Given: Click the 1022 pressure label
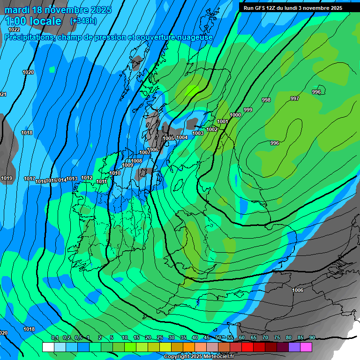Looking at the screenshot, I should click(14, 30).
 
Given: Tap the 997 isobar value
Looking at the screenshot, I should click(295, 98).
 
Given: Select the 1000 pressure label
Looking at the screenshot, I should click(235, 115).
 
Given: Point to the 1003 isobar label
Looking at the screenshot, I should click(198, 134).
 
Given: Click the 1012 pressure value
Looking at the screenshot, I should click(87, 178).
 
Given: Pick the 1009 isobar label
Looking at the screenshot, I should click(127, 165).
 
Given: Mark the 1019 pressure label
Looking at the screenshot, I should click(7, 179).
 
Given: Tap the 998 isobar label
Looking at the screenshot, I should click(266, 100).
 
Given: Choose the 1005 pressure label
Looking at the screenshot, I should click(168, 138).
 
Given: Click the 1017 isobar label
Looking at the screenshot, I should click(30, 179).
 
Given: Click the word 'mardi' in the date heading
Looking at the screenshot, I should click(17, 10).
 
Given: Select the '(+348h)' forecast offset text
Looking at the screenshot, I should click(84, 21).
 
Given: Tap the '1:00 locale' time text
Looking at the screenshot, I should click(33, 21).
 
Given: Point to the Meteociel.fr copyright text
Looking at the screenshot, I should click(199, 356).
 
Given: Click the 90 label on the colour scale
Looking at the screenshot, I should click(312, 338).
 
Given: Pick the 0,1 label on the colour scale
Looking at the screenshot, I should click(55, 338).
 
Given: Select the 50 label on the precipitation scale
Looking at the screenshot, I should click(218, 338).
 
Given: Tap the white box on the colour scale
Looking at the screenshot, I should click(48, 347).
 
